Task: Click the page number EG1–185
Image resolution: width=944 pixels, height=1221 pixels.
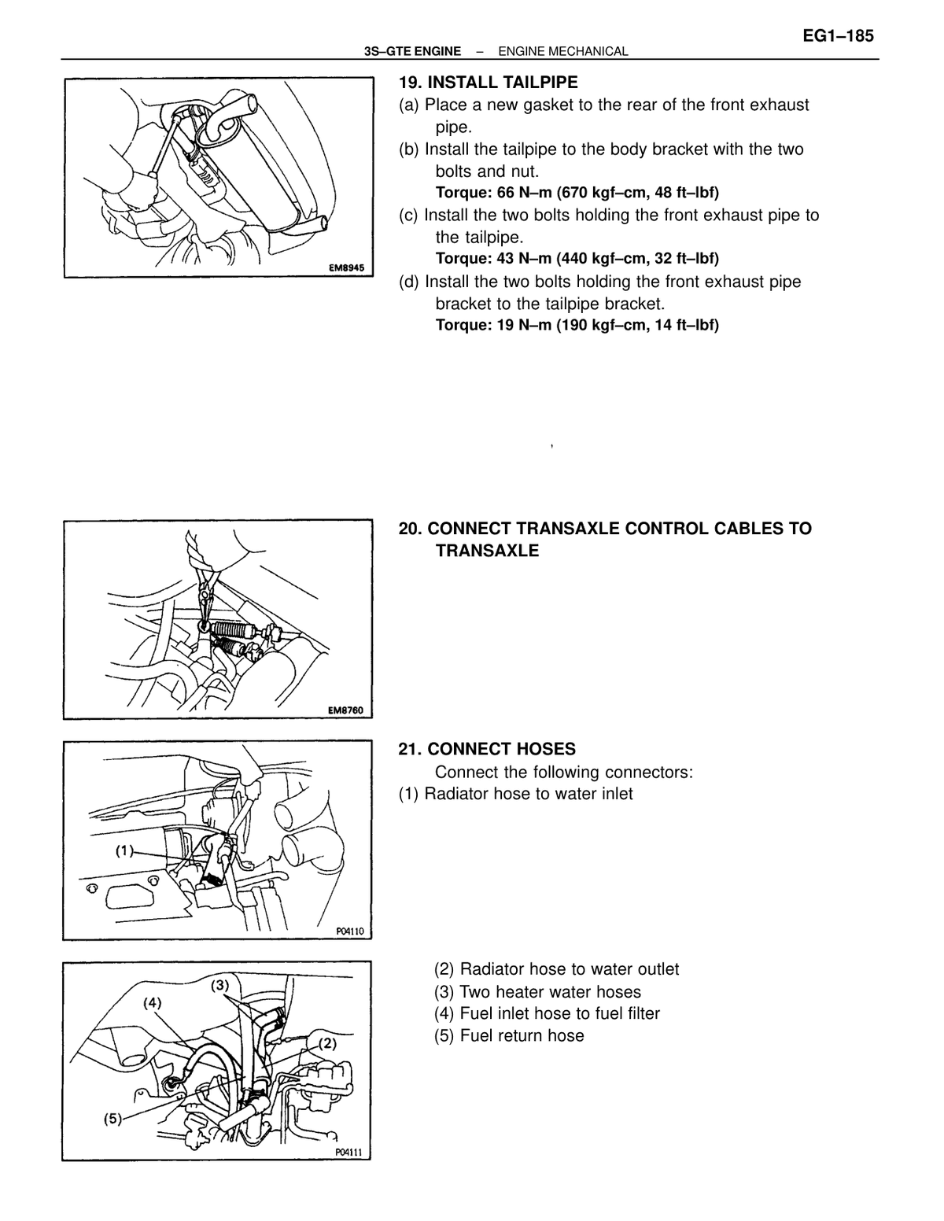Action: coord(838,36)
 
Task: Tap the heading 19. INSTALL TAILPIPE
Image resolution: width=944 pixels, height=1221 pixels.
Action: coord(488,82)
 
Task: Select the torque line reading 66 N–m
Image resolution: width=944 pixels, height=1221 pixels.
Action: coord(577,193)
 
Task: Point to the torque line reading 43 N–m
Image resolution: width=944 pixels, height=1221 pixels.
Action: coord(577,259)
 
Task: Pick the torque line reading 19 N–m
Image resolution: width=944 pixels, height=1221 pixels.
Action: coord(577,325)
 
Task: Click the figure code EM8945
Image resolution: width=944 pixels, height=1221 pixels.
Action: coord(346,268)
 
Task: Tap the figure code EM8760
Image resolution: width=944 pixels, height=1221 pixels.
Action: coord(345,710)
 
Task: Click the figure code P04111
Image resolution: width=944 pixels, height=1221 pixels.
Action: coord(348,1153)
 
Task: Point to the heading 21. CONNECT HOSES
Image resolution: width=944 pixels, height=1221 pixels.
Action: coord(487,749)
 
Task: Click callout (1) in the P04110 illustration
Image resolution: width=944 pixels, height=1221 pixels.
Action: coord(124,851)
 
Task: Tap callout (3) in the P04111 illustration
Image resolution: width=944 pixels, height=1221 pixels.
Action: coord(220,985)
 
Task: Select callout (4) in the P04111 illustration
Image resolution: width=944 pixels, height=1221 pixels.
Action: coord(152,1002)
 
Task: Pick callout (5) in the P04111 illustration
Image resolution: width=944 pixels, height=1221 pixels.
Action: coord(112,1118)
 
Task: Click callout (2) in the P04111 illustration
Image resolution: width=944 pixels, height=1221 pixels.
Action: coord(327,1043)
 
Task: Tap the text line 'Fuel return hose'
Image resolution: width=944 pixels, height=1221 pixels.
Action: coord(509,1035)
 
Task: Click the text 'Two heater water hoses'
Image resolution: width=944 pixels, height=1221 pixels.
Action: coord(537,991)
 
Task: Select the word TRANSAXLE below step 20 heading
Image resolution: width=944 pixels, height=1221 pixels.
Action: coord(487,551)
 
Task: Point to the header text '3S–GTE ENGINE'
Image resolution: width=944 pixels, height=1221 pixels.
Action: coord(412,51)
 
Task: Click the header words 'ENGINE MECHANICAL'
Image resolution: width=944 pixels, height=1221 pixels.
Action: coord(563,51)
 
